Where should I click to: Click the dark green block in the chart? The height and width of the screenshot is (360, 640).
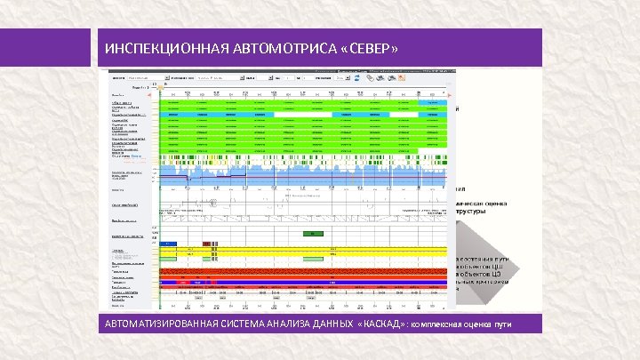(313, 233)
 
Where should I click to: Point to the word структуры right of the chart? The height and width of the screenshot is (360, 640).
(471, 212)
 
